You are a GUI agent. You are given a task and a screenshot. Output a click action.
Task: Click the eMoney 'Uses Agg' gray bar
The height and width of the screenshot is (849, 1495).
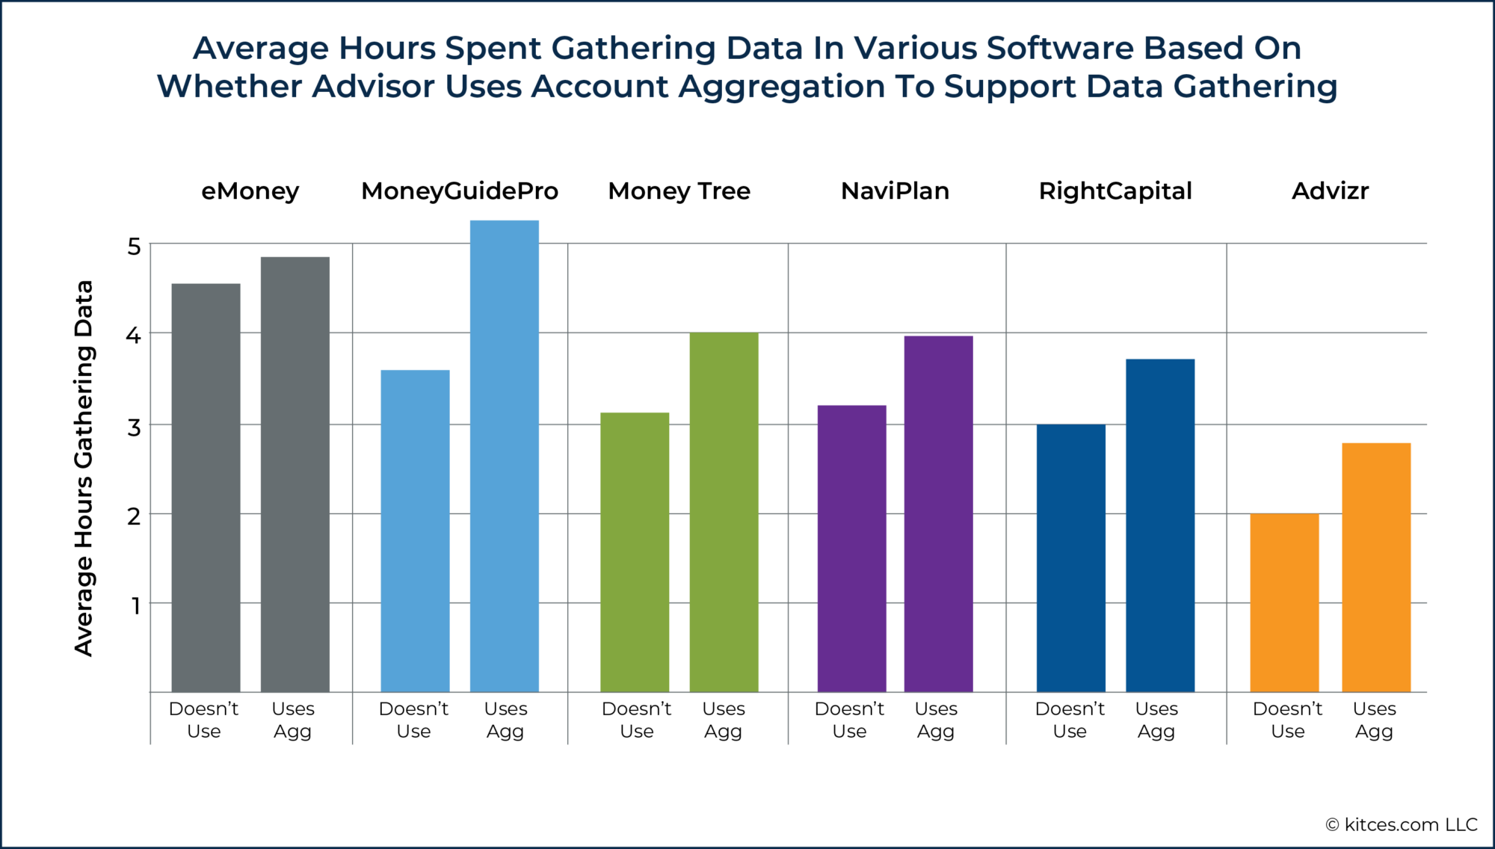295,475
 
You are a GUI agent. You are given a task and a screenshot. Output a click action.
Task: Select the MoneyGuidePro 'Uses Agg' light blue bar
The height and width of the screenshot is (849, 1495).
504,456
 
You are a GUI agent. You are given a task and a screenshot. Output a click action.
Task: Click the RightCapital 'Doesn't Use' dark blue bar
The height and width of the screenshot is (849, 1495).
1070,558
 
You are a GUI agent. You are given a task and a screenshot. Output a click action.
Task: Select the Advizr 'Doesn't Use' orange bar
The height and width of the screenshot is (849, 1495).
1284,602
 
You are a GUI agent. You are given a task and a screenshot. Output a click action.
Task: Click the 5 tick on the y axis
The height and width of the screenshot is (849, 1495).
134,246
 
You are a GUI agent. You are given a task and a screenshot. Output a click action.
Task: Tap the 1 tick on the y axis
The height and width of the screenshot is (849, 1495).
135,605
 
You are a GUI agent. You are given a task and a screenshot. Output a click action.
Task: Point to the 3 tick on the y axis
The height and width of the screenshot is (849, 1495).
134,427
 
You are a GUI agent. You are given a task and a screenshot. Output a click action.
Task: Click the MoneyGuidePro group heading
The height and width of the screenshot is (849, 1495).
460,191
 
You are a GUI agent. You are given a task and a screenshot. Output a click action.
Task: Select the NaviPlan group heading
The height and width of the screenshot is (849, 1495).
895,191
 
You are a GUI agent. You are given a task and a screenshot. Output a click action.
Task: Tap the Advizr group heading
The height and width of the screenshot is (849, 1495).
1330,191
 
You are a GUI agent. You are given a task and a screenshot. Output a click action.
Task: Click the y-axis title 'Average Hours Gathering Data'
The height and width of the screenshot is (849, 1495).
84,468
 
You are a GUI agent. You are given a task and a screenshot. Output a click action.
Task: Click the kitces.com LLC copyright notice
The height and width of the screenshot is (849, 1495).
1402,824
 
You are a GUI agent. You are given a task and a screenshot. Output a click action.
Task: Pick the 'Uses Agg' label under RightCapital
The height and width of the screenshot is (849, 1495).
1156,720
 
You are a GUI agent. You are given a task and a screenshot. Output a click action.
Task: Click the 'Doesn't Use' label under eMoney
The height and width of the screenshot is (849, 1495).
203,720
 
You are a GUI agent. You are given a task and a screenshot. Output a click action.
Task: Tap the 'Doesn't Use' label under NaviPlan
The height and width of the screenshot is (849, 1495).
849,720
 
